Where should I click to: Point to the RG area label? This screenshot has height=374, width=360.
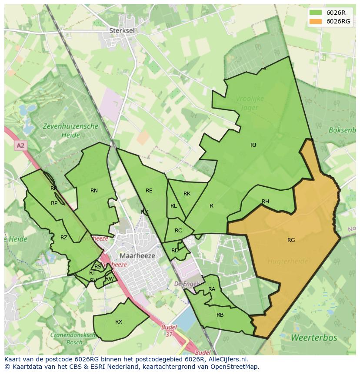(x=291, y=240)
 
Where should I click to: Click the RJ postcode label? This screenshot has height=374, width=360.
(x=253, y=145)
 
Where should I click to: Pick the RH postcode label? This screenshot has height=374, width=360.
(x=265, y=202)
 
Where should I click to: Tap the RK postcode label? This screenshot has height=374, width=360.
(x=187, y=194)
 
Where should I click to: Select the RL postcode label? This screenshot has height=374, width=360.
(x=173, y=206)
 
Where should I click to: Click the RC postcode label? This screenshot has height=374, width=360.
(x=178, y=231)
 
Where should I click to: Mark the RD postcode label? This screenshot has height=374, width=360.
(x=175, y=251)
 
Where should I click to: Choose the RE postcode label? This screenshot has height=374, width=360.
(x=149, y=191)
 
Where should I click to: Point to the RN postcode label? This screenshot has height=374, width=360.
(x=94, y=191)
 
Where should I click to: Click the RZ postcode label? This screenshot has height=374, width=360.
(x=64, y=238)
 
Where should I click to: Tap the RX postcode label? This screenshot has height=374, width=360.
(x=119, y=322)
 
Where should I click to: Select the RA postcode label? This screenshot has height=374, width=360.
(x=212, y=289)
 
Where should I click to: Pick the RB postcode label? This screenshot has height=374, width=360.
(x=220, y=314)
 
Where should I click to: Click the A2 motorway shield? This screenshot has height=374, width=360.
(x=20, y=146)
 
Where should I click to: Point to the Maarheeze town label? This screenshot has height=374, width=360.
(x=137, y=256)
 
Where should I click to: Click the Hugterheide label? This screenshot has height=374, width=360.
(x=288, y=261)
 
